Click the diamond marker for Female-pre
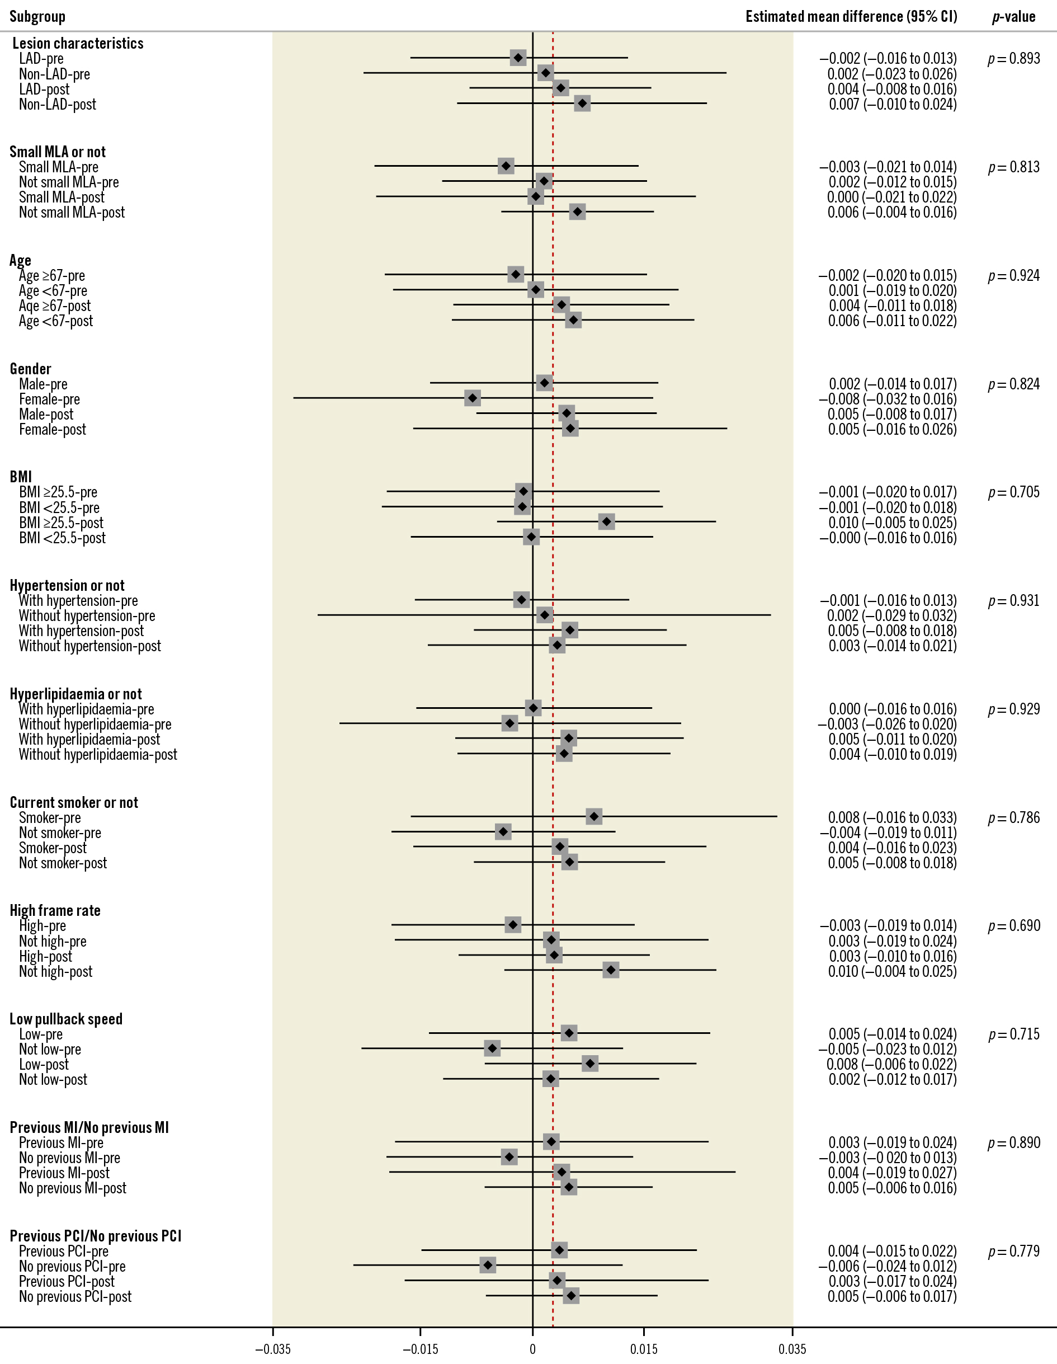473,398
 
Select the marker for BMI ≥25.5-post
606,521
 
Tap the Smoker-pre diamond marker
594,816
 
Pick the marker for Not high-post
611,970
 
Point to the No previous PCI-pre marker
488,1266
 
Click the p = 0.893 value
1013,59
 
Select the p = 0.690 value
1013,925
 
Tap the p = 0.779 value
1013,1251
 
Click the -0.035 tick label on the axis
273,1349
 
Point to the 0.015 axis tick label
644,1349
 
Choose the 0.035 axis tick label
792,1349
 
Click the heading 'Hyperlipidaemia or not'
75,694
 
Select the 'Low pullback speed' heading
65,1019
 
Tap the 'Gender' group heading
30,369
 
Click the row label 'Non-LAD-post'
58,104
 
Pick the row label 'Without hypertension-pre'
87,616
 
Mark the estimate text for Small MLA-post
891,197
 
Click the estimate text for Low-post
891,1064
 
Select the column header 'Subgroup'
37,16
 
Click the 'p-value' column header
1013,16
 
